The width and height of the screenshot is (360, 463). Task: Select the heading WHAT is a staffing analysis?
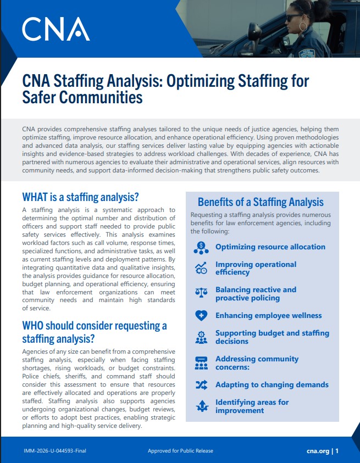coord(80,197)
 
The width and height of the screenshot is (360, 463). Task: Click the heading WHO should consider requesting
coord(94,326)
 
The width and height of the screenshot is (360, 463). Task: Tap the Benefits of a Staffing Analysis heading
coord(261,202)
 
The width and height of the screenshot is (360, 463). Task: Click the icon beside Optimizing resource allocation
coord(201,247)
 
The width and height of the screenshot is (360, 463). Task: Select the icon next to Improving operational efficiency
coord(201,268)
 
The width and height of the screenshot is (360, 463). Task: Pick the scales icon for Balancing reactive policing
coord(201,293)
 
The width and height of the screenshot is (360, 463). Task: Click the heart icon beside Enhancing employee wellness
coord(201,316)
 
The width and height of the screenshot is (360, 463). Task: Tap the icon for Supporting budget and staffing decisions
coord(201,337)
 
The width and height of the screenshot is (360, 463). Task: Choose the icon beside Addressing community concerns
coord(201,362)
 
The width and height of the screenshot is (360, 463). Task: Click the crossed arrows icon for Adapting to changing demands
coord(201,385)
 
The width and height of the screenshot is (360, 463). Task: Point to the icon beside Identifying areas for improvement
coord(201,406)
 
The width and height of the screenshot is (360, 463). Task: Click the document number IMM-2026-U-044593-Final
coord(55,451)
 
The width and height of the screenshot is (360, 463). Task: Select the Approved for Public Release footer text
coord(180,451)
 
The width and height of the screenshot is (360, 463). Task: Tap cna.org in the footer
coord(318,451)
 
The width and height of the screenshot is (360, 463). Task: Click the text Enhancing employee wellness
coord(268,316)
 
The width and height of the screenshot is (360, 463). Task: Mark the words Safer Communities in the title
coord(82,98)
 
